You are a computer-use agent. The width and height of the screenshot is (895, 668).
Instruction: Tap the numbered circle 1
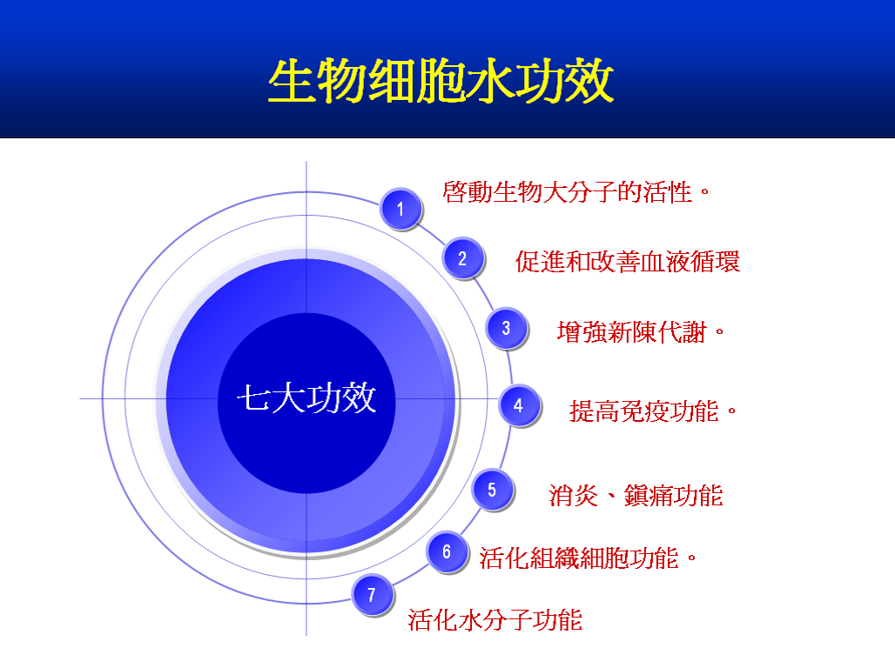tap(400, 209)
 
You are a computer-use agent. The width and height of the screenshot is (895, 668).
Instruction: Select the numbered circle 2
tap(463, 258)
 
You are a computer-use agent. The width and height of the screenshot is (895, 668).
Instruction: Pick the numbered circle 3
tap(507, 328)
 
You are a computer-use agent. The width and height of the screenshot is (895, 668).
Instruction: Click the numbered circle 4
tap(519, 405)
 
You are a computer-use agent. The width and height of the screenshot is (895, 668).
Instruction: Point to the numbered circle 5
tap(493, 490)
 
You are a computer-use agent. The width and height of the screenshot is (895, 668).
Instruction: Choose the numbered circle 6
tap(447, 551)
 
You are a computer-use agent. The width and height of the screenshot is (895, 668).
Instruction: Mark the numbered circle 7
tap(372, 595)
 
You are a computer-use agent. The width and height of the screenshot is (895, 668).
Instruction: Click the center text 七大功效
tap(306, 397)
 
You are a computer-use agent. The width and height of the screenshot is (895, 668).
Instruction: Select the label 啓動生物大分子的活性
tap(568, 191)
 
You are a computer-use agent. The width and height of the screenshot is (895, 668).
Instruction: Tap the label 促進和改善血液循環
tap(628, 262)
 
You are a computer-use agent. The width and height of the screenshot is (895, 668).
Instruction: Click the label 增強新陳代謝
tap(632, 332)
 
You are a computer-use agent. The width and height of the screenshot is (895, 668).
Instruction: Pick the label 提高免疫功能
tap(644, 411)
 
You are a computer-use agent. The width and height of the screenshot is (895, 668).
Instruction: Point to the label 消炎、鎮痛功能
tap(636, 495)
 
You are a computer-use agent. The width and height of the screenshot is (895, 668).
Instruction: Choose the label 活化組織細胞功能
tap(579, 558)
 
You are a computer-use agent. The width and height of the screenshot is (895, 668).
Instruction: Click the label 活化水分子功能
tap(495, 620)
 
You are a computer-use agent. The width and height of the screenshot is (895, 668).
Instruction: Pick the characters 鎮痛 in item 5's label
tap(649, 495)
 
